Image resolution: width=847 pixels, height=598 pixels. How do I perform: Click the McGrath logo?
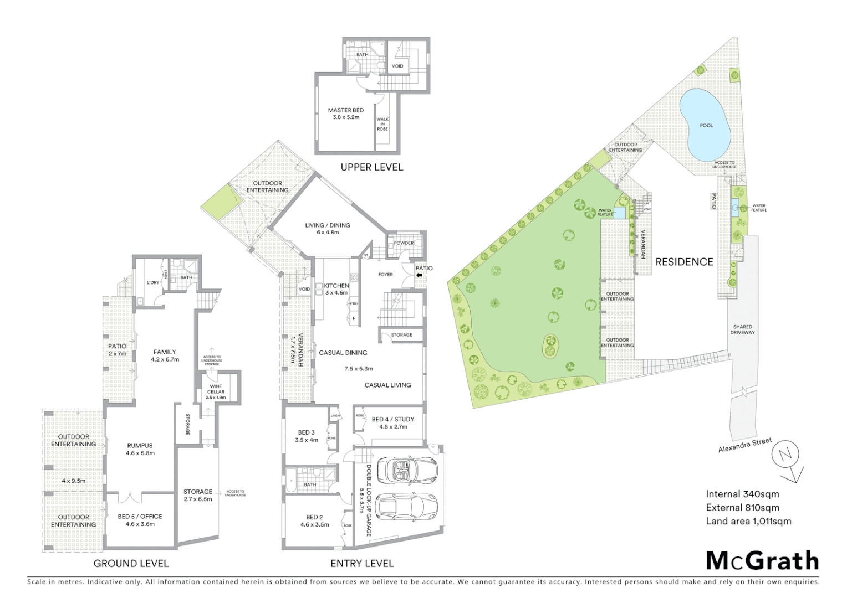coord(762,561)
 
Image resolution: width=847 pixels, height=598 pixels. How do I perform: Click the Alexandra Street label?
coord(744,445)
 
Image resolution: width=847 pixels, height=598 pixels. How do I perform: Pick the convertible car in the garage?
coord(407,470)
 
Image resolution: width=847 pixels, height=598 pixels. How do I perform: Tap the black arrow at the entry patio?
coord(419,272)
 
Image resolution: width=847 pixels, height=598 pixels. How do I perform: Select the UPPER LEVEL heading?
coord(371,167)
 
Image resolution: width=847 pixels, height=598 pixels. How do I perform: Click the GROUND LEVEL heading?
coord(131,563)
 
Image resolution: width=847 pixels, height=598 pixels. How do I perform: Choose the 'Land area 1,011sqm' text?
coord(748,521)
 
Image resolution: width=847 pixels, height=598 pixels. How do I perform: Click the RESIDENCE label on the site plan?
coord(684,262)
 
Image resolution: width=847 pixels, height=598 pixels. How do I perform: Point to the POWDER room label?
coord(404,243)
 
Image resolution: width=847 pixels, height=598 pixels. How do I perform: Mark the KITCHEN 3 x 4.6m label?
coord(336,289)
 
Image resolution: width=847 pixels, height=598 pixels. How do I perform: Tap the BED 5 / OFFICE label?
coord(140,520)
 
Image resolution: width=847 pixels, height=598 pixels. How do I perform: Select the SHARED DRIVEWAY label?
coord(742,330)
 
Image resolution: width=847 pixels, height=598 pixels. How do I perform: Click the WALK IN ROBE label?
coord(382,124)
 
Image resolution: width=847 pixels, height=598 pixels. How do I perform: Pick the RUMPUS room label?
coord(140,449)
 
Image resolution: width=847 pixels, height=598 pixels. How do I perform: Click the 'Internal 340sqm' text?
coord(742,494)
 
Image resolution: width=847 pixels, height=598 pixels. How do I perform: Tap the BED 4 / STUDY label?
coord(393,423)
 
